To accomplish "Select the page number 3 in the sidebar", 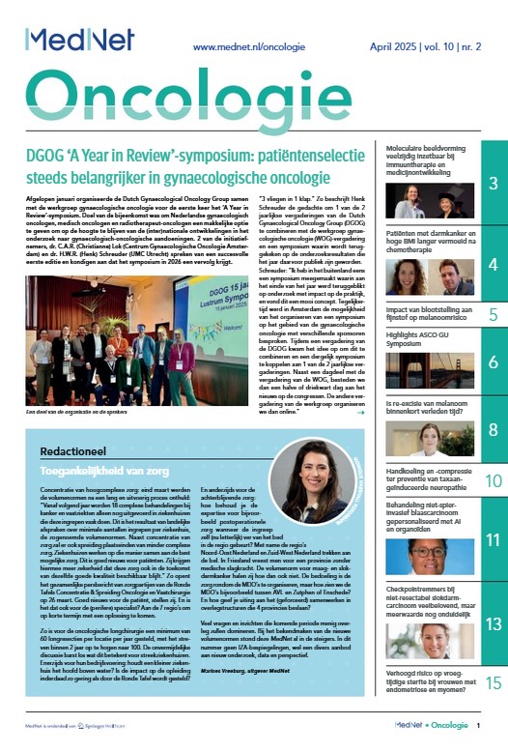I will (x=493, y=183).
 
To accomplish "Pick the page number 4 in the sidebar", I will (x=493, y=264).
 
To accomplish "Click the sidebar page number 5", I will (x=493, y=314).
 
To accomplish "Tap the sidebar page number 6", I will (x=493, y=364).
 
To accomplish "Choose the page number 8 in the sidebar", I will (x=493, y=429).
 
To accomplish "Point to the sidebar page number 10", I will (x=493, y=480).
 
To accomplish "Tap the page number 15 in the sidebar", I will (x=493, y=683).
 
